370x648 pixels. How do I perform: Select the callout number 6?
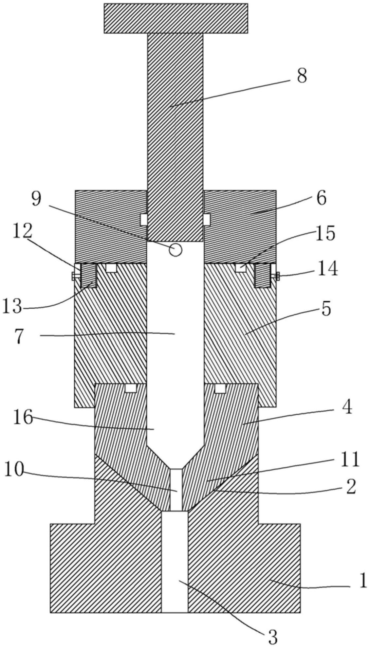tap(321, 198)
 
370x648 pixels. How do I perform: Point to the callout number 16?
tap(23, 418)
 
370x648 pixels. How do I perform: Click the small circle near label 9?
tap(176, 250)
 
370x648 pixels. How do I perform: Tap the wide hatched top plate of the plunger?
tap(176, 18)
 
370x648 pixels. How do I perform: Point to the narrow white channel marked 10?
tap(176, 489)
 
